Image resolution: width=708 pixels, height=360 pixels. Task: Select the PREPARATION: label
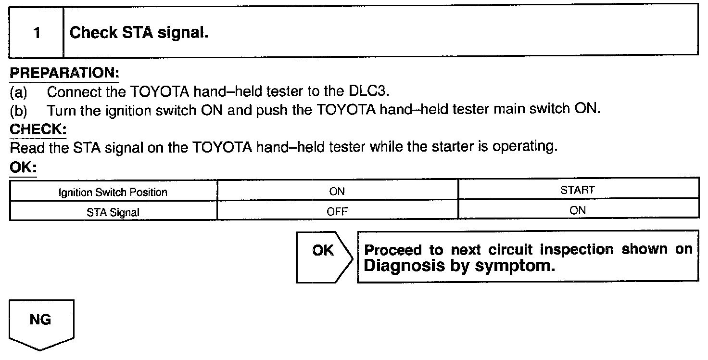pyautogui.click(x=64, y=74)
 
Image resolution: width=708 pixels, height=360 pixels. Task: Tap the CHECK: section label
pyautogui.click(x=38, y=129)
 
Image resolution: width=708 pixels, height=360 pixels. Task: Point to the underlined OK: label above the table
pyautogui.click(x=23, y=168)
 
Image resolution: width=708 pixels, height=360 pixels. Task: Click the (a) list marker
pyautogui.click(x=19, y=91)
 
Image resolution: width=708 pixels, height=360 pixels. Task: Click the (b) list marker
pyautogui.click(x=19, y=110)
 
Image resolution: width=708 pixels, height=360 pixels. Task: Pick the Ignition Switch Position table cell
pyautogui.click(x=113, y=193)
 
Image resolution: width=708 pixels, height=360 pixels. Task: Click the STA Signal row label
pyautogui.click(x=113, y=211)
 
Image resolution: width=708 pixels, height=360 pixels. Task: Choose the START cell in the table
pyautogui.click(x=578, y=191)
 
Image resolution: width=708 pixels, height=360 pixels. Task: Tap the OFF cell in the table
pyautogui.click(x=337, y=211)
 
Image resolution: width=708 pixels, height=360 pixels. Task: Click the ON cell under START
pyautogui.click(x=578, y=210)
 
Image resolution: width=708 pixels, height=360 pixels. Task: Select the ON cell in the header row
pyautogui.click(x=337, y=191)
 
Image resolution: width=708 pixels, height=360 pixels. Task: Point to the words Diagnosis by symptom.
pyautogui.click(x=459, y=266)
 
